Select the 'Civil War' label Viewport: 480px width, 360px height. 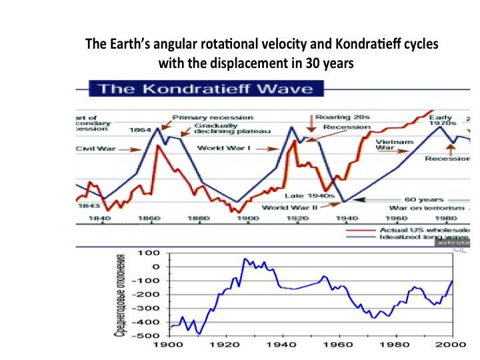point(94,149)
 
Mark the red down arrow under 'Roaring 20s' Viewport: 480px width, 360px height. point(309,127)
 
